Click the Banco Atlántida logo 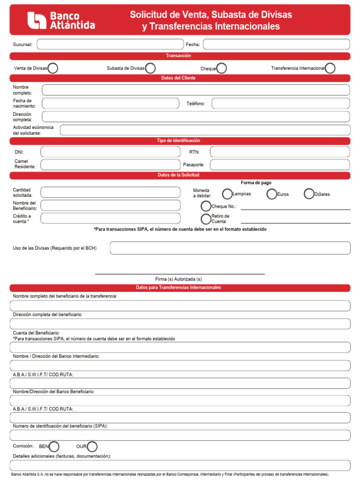(x=61, y=21)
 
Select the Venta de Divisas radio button (x=53, y=68)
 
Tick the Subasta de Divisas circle (x=150, y=68)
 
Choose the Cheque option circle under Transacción (x=222, y=68)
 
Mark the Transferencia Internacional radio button (x=330, y=68)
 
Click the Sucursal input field (x=110, y=45)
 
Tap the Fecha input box (x=276, y=45)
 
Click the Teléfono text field (x=281, y=104)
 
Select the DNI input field (x=110, y=152)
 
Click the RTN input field (x=280, y=152)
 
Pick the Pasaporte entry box (x=280, y=165)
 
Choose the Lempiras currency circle (x=227, y=194)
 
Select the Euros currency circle (x=272, y=194)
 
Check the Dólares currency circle (x=309, y=194)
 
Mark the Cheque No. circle (x=206, y=206)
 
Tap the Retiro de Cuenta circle (x=206, y=219)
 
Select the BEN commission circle (x=54, y=446)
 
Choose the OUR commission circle (x=92, y=446)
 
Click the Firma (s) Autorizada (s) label (x=179, y=279)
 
